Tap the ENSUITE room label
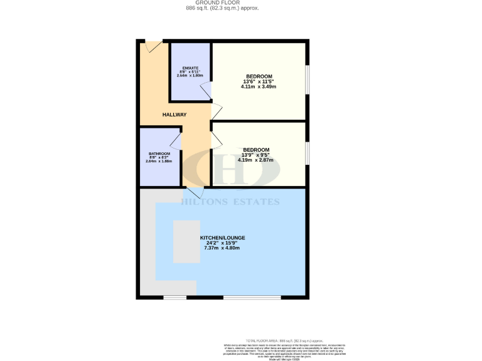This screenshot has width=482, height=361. coord(190,68)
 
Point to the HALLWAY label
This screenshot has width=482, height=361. coord(174,115)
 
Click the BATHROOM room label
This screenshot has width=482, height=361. coord(160,154)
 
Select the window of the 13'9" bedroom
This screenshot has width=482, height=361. coord(307,154)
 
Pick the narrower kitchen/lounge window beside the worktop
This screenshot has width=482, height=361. coord(174,296)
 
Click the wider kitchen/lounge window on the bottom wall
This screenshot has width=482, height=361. coord(243,296)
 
